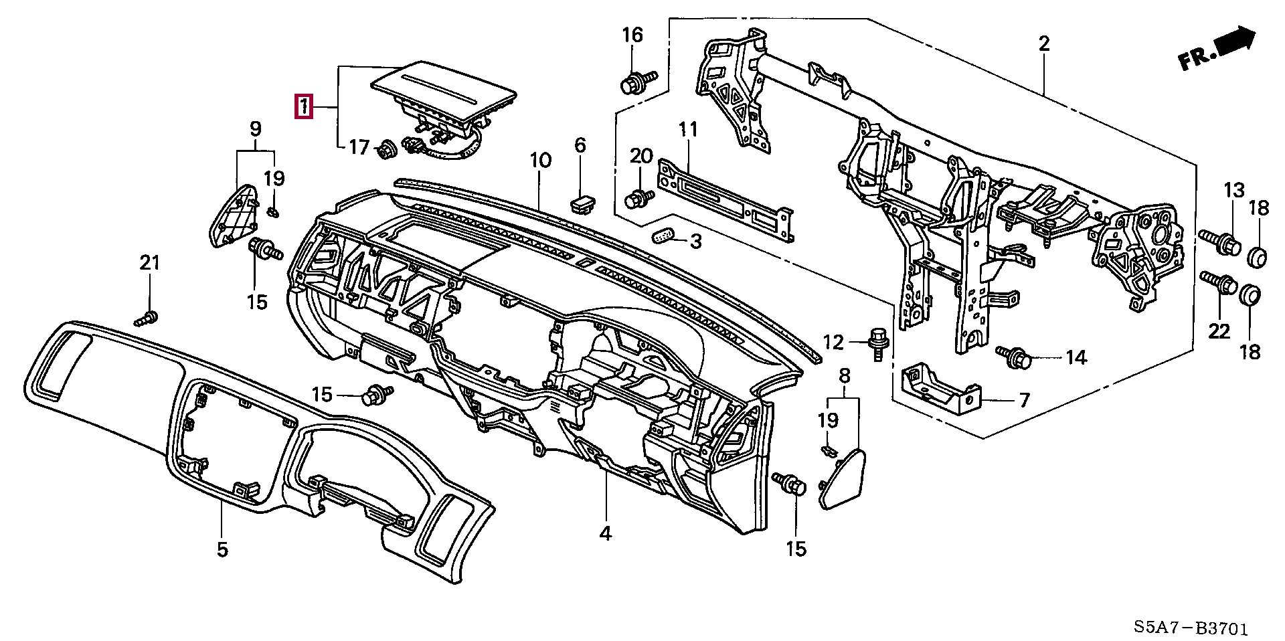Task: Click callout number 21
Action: tap(150, 263)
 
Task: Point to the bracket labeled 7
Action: tap(940, 391)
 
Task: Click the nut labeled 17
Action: tap(386, 150)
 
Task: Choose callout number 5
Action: tap(222, 550)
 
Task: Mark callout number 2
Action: tap(1043, 43)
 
